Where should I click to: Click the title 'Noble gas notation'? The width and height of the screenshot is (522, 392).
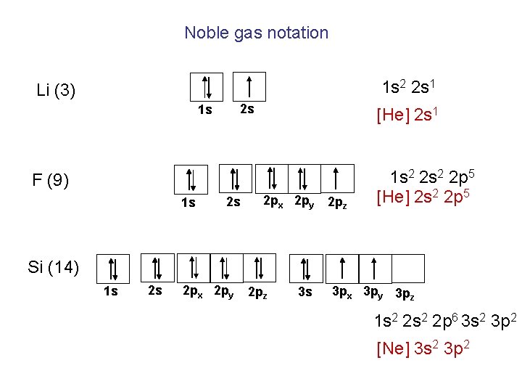click(x=256, y=33)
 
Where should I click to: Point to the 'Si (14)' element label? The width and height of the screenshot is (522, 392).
click(x=53, y=267)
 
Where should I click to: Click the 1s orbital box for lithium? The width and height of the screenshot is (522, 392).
click(x=206, y=86)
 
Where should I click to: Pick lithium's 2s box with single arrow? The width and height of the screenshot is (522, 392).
click(x=249, y=86)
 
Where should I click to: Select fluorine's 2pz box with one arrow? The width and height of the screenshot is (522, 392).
click(x=336, y=179)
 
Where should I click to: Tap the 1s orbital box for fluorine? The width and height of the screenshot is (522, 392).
click(x=191, y=179)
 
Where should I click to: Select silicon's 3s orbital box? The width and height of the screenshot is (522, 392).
click(x=306, y=268)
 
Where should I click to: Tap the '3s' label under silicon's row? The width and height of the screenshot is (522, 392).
click(x=305, y=292)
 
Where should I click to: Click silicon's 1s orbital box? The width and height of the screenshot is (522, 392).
click(x=112, y=269)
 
